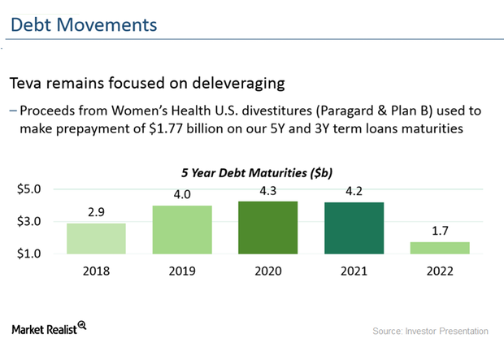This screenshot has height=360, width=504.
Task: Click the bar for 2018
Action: [x=96, y=238]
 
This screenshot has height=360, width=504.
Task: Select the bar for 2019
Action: [x=183, y=229]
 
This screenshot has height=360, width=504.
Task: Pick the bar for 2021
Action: [x=354, y=228]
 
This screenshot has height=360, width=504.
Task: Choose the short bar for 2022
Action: [x=440, y=248]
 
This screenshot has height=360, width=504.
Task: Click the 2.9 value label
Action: [x=96, y=213]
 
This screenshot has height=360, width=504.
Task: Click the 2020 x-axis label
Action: [x=269, y=271]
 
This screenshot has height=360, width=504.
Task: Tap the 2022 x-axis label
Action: [x=440, y=271]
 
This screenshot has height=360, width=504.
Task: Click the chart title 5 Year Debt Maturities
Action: [x=261, y=172]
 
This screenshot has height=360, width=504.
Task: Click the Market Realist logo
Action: [x=49, y=329]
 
